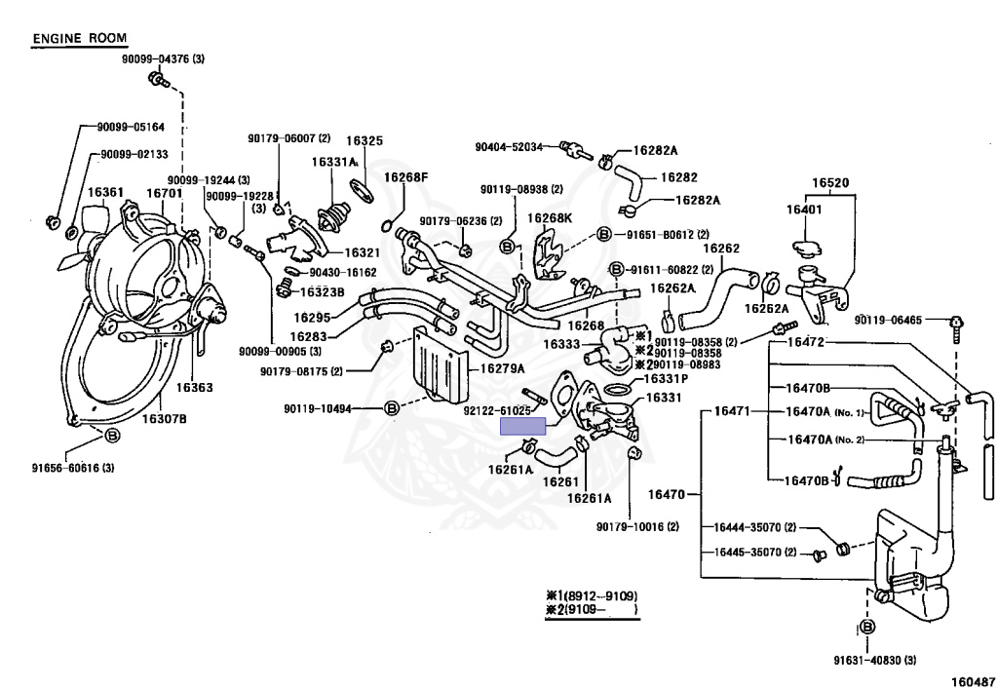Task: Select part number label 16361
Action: click(x=105, y=193)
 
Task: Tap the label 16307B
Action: click(x=165, y=419)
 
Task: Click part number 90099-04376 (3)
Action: click(x=163, y=59)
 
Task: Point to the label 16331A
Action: click(x=333, y=162)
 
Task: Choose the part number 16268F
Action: click(x=405, y=177)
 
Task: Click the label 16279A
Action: click(x=501, y=367)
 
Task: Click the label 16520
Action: click(x=831, y=182)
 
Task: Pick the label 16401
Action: click(x=804, y=210)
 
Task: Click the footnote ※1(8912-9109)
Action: click(x=592, y=595)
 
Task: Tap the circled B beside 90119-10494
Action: click(x=392, y=407)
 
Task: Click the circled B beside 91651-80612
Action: click(x=603, y=235)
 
